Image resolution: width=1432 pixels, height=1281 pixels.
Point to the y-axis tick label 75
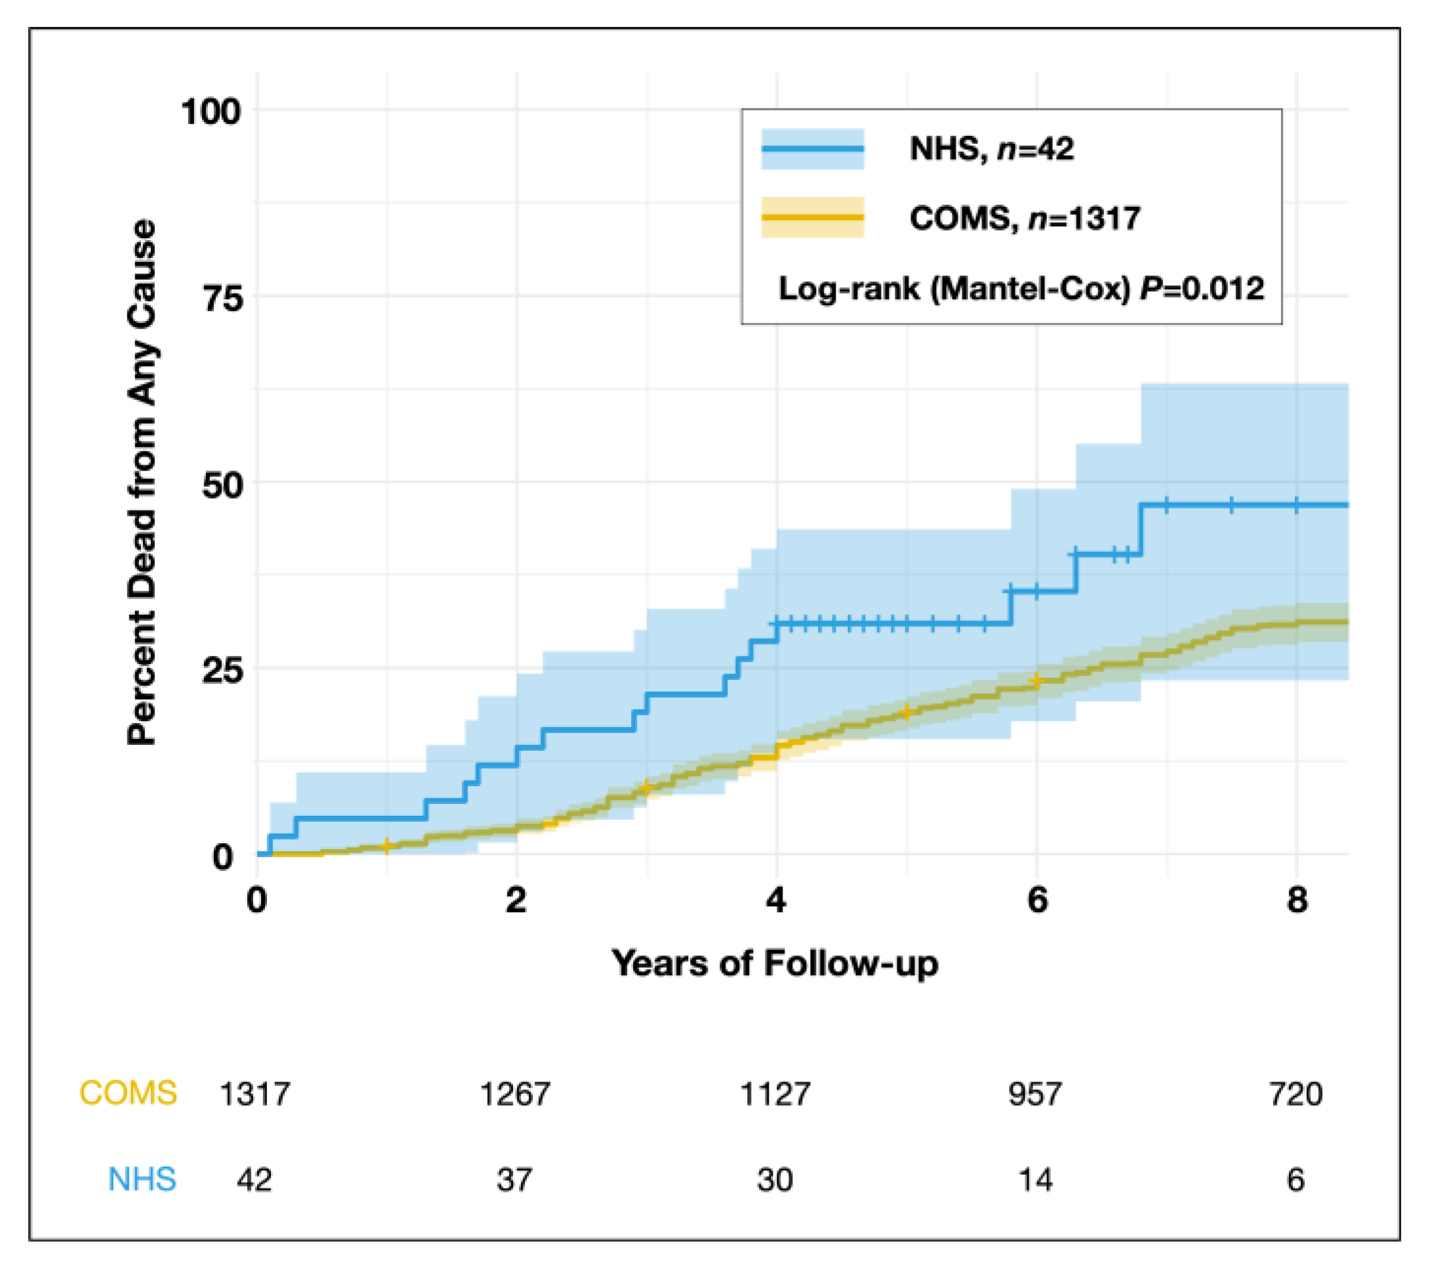tap(222, 299)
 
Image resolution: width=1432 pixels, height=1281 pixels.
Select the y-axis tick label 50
tap(222, 485)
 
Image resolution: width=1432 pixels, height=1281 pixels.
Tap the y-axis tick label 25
tap(222, 671)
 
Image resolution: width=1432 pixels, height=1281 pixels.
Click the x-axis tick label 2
tap(516, 900)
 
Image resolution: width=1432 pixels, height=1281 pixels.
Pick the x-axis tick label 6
tap(1036, 900)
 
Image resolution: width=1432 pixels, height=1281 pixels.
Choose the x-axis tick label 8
tap(1297, 900)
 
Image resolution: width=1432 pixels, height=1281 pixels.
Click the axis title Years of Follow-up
tap(775, 963)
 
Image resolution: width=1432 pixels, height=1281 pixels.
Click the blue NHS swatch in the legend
tap(813, 148)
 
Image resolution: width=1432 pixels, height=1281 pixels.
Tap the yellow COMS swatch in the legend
tap(813, 217)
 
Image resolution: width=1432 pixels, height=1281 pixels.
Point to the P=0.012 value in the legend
tap(1202, 289)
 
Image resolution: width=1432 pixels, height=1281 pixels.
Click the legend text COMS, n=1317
tap(1025, 218)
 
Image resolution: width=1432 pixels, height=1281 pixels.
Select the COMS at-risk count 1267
tap(515, 1095)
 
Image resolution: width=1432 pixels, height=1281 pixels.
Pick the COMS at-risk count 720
tap(1296, 1095)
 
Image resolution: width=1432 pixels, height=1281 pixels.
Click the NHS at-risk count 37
tap(514, 1180)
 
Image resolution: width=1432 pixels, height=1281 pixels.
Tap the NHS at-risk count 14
tap(1036, 1180)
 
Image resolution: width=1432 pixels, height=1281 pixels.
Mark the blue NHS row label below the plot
tap(142, 1180)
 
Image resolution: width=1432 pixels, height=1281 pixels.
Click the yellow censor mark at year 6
tap(1036, 681)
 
